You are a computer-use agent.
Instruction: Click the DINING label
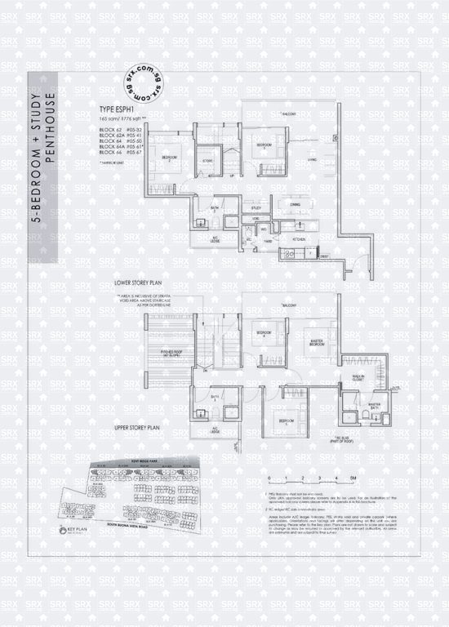click(296, 205)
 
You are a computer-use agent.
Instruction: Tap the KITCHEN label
click(300, 238)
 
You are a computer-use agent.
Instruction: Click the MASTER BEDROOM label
click(318, 343)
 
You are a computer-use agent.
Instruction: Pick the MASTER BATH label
click(375, 406)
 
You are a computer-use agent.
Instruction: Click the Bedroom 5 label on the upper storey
click(285, 421)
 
